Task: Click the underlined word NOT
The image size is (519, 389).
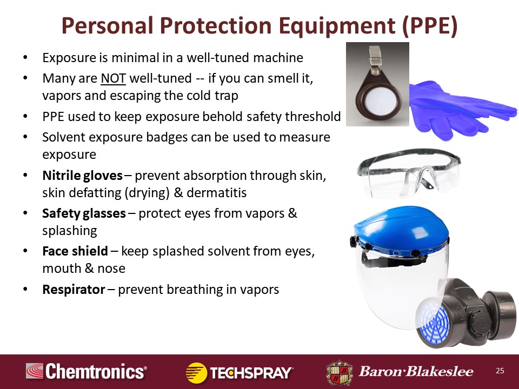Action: point(113,78)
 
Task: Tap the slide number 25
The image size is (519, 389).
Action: point(500,371)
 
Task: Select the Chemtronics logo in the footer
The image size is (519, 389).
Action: point(86,371)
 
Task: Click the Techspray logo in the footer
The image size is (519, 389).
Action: point(239,373)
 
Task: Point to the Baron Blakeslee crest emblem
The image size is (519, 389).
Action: point(340,372)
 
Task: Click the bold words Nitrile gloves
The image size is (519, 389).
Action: point(82,175)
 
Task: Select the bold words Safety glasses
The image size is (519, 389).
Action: point(84,213)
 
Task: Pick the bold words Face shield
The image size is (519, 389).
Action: point(75,251)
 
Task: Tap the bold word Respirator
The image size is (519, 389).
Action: point(74,290)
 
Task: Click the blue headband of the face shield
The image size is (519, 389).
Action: point(401,228)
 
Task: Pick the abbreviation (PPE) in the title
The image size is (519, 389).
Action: point(430,25)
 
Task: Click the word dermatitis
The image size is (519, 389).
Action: point(216,192)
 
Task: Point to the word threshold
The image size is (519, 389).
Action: point(313,117)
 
